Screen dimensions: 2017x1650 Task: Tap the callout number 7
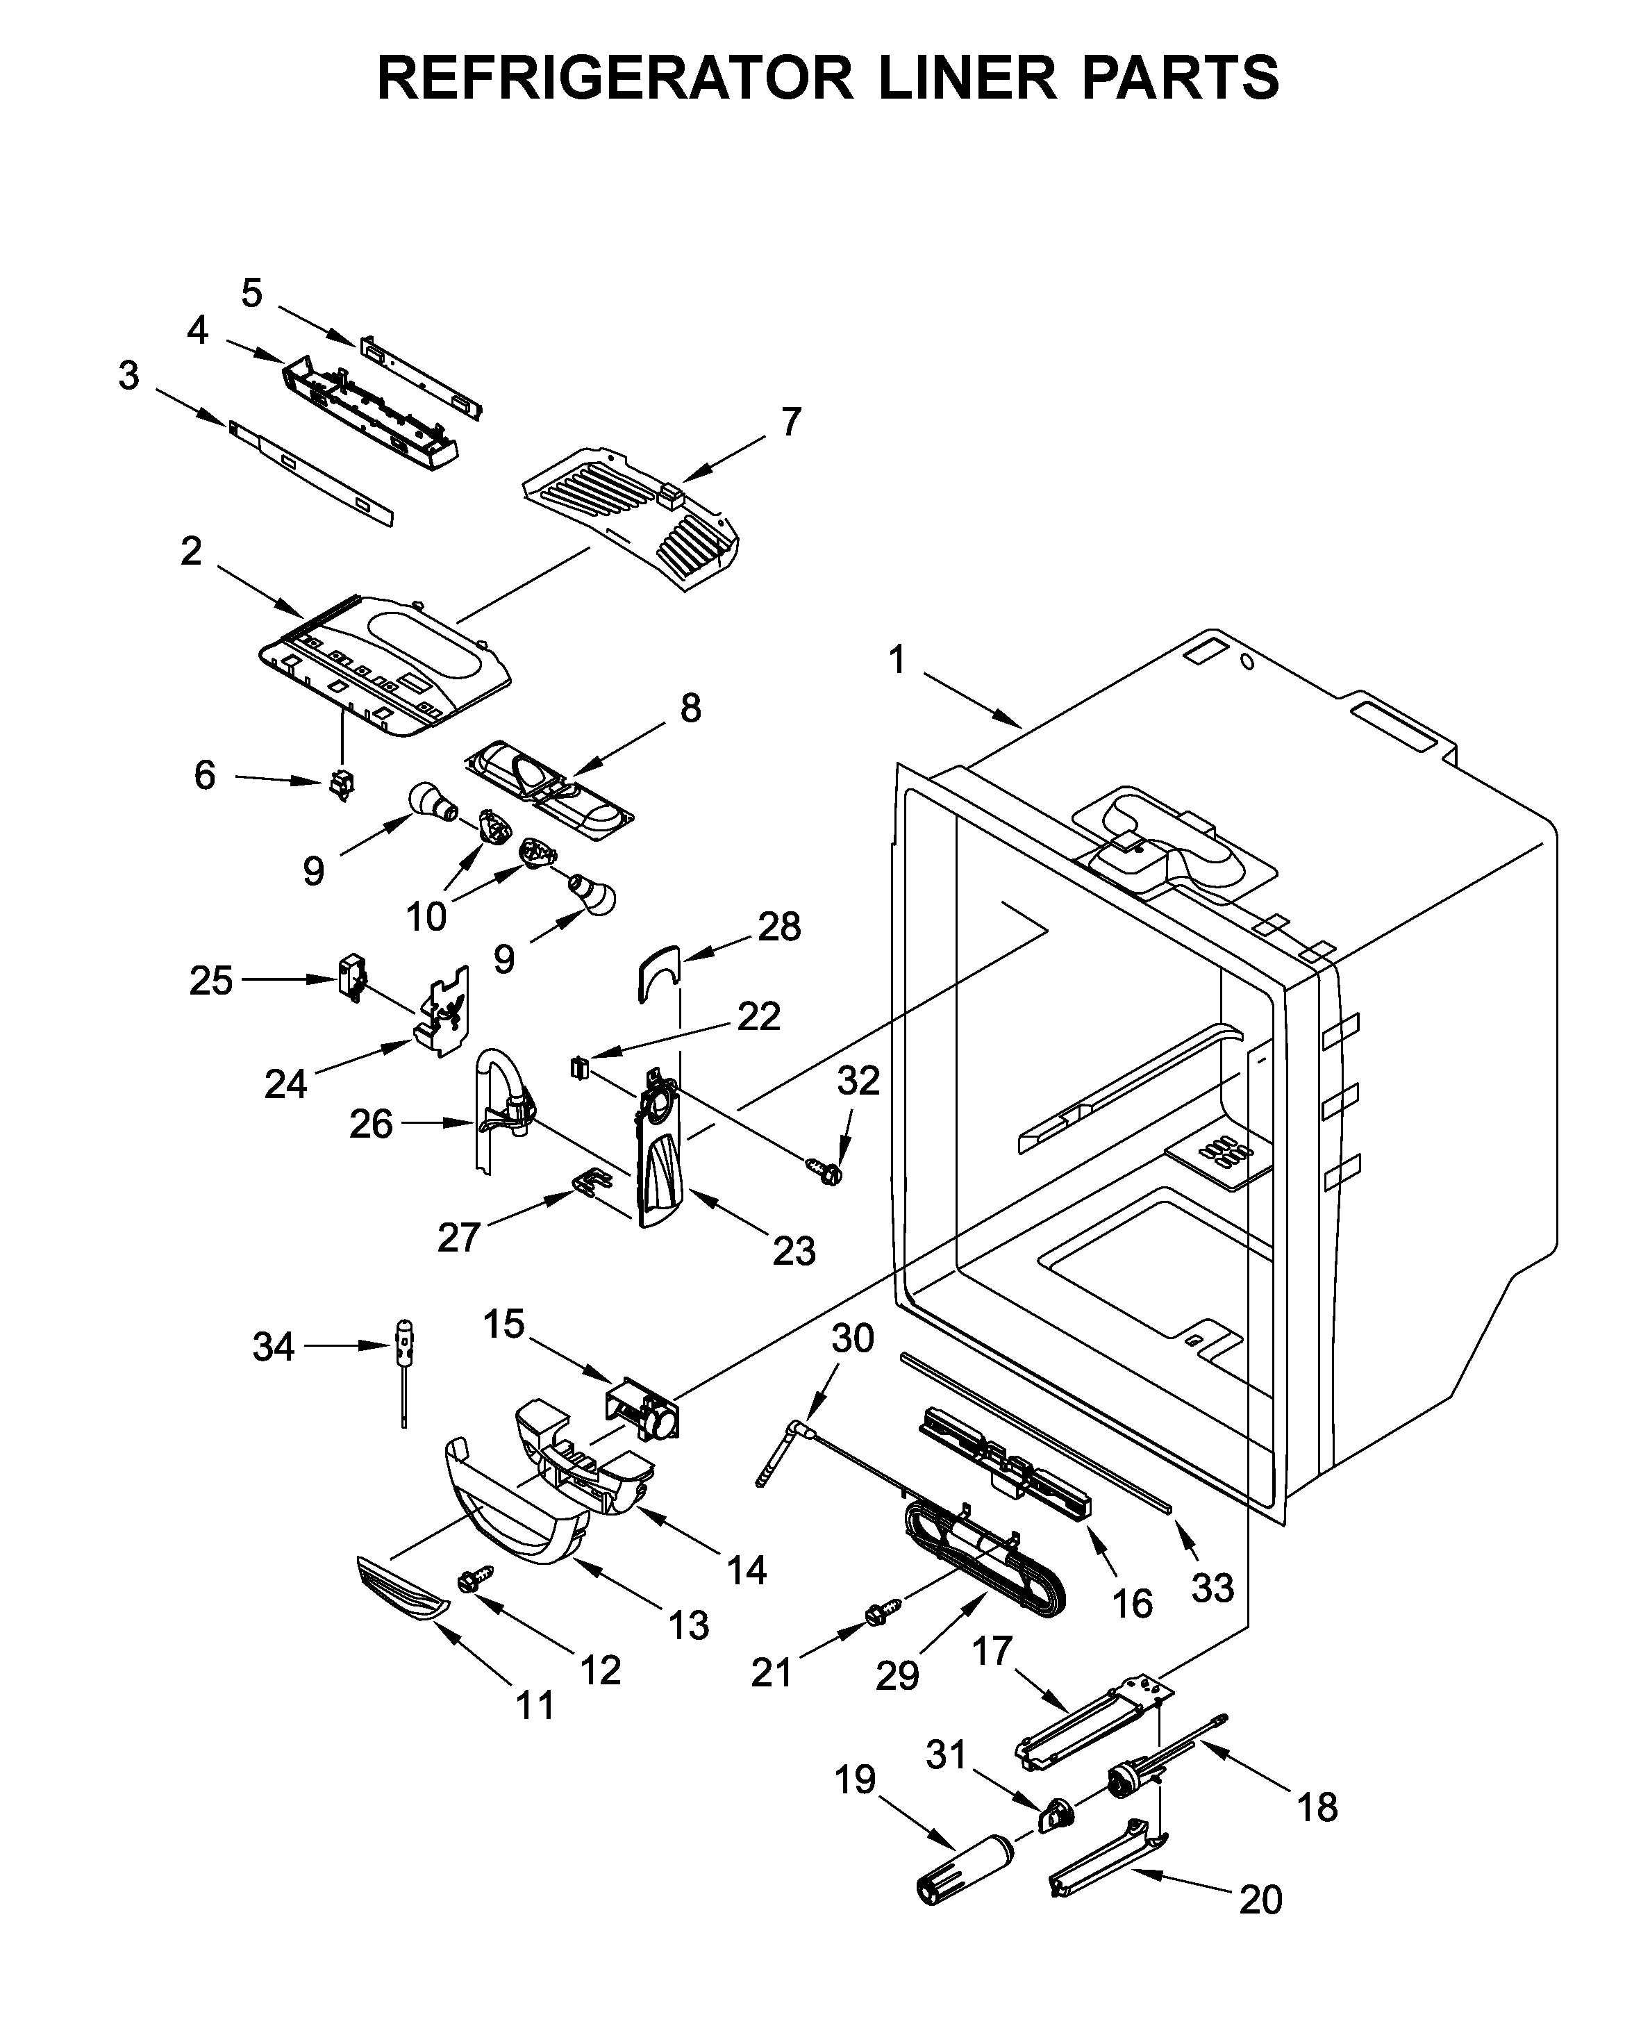791,421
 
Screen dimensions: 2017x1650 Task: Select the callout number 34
273,1347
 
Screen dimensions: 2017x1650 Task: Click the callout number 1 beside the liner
897,660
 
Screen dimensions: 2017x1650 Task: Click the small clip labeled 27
590,1182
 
